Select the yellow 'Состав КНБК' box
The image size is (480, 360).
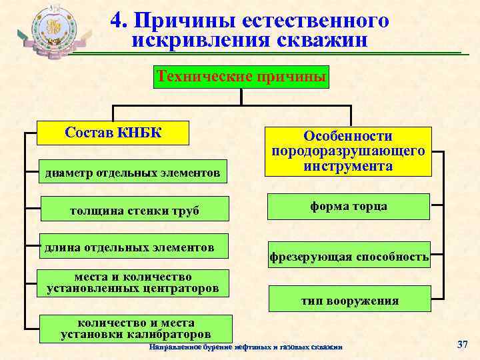click(113, 132)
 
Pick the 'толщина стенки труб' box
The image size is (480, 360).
click(134, 211)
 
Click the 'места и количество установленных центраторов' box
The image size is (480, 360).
click(133, 283)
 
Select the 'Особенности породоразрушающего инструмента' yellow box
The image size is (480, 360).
click(348, 151)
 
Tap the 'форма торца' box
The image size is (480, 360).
click(348, 207)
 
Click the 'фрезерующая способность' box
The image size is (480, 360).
click(349, 256)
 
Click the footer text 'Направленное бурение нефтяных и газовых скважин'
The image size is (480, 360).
click(246, 347)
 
